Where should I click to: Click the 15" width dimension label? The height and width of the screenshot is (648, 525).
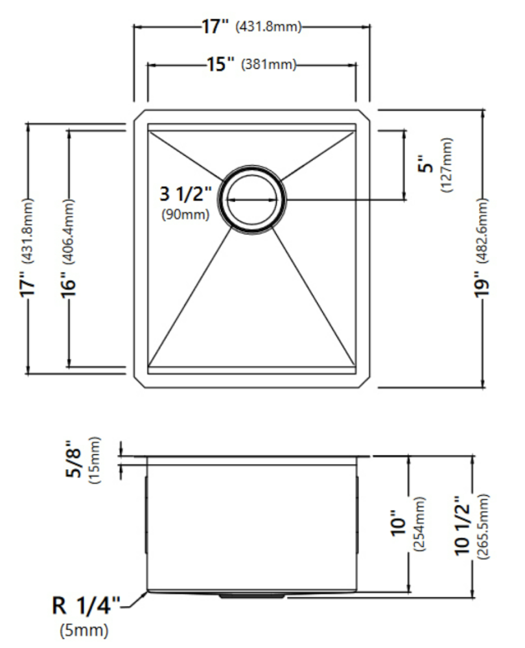[x=220, y=64]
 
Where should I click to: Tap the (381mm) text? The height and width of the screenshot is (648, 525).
[x=269, y=64]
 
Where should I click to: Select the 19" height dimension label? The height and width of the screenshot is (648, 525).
[x=482, y=284]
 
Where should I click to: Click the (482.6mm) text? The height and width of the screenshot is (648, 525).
[x=482, y=231]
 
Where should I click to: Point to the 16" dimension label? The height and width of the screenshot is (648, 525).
[x=69, y=284]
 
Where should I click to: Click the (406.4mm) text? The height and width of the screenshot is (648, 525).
[x=69, y=231]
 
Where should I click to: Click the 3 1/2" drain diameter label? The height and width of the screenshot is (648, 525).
[x=185, y=193]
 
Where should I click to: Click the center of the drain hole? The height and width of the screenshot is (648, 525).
[x=251, y=200]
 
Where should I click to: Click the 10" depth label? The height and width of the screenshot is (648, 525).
[x=399, y=524]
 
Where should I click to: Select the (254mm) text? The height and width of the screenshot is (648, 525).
[x=419, y=524]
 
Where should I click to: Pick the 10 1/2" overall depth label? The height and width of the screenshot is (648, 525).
[x=462, y=526]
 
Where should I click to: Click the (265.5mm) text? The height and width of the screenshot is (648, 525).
[x=483, y=526]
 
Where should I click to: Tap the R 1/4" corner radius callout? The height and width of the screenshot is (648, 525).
[x=86, y=605]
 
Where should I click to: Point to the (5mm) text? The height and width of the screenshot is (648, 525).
[x=84, y=631]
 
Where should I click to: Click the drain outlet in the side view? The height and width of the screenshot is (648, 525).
[x=251, y=596]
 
